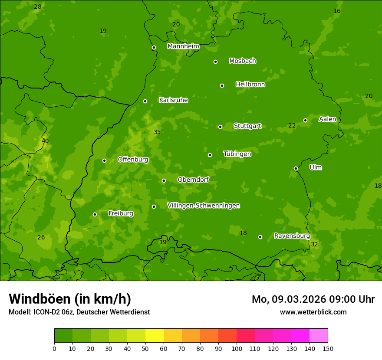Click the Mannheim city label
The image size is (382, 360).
coord(183,46)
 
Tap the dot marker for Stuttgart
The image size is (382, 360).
coord(220,127)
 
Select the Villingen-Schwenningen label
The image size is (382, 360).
coord(203,206)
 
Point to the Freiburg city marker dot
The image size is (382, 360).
coord(95,214)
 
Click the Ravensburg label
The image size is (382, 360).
coord(292,236)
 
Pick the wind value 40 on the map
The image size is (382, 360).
coord(45,141)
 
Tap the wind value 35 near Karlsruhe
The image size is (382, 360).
coord(157,132)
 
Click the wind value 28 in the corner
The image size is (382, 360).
coord(38,7)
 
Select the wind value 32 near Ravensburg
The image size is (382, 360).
coord(314,245)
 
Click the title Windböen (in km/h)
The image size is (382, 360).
coord(70,299)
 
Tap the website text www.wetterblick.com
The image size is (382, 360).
coord(313,312)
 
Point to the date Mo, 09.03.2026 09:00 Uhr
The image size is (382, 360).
coord(313,299)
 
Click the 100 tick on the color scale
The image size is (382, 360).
coord(237,348)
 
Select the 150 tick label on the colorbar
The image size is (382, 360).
coord(328,348)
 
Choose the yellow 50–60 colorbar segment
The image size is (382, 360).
coord(155,336)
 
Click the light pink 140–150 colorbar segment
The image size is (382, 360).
coord(319,336)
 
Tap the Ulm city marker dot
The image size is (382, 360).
coord(296,168)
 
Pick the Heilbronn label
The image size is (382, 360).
coord(250,85)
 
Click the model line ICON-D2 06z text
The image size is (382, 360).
coord(79,312)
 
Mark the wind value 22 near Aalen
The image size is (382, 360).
coord(292,126)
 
